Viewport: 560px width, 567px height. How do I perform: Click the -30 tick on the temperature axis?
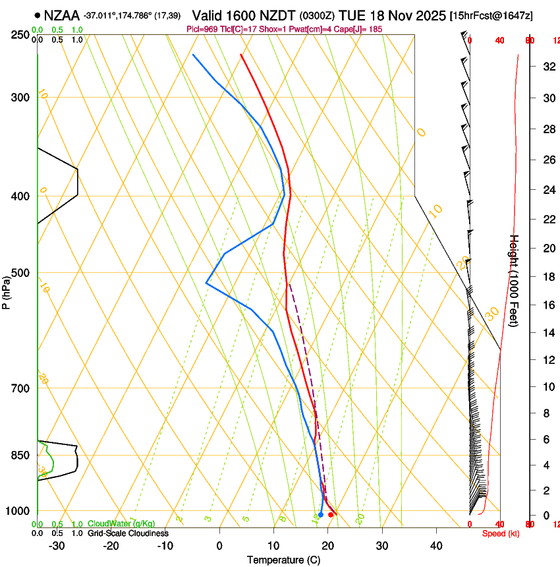coord(57,545)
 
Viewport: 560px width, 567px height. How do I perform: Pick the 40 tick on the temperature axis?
coord(436,545)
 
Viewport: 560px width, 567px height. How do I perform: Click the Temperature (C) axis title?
coord(283,560)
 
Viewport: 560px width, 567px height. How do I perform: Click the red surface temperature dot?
coord(331,514)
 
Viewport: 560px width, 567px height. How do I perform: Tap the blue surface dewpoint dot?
coord(321,514)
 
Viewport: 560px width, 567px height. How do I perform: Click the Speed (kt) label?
coord(501,533)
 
